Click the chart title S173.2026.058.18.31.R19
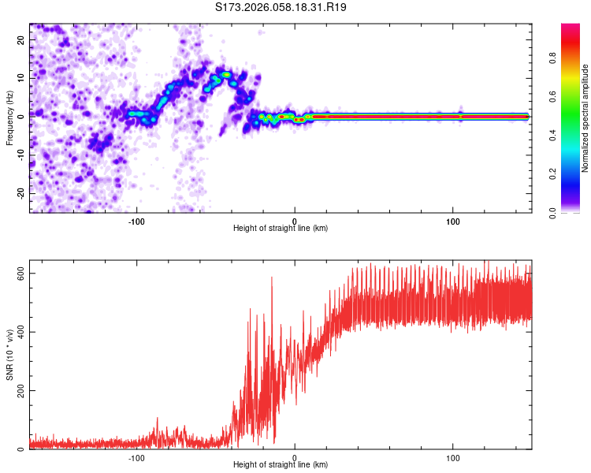(x=281, y=8)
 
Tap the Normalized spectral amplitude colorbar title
(x=585, y=117)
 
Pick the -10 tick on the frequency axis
(x=20, y=155)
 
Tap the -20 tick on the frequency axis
(x=20, y=193)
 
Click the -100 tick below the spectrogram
(x=137, y=221)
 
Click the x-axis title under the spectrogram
(x=281, y=229)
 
